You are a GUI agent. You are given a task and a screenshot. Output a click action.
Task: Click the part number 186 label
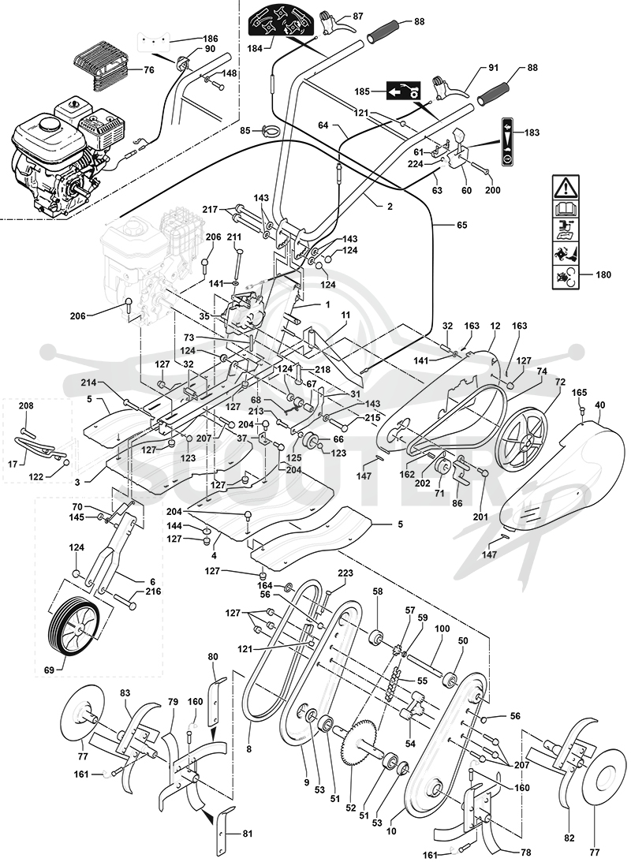210,39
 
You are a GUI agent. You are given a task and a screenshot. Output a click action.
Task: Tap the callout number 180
603,275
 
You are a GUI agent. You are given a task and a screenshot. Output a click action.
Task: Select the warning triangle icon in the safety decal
566,188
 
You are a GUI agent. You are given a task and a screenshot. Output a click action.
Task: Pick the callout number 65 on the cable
462,225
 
